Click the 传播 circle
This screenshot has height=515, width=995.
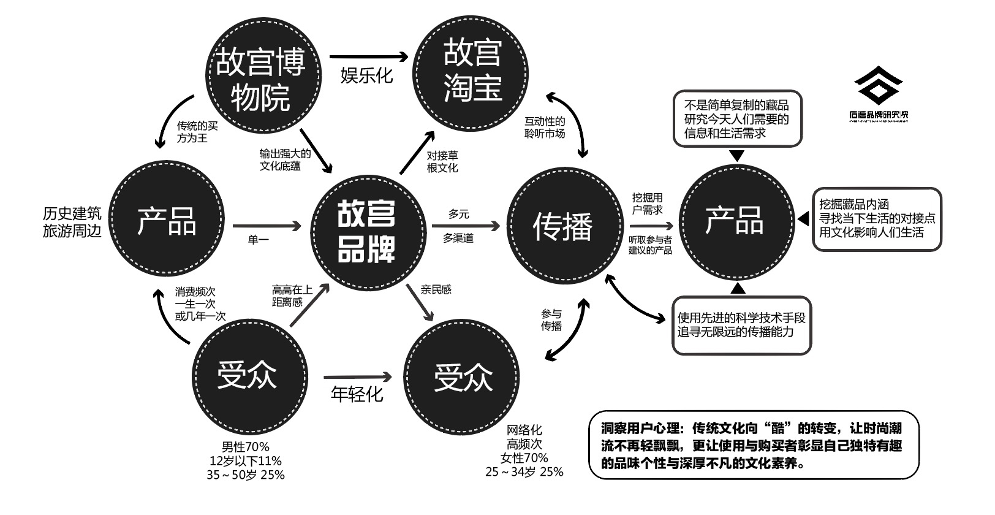point(563,226)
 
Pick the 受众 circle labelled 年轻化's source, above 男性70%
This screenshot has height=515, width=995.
point(248,375)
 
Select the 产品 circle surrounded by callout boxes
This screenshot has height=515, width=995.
point(735,221)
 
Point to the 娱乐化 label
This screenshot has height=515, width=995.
point(366,75)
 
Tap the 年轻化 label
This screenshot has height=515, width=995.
point(357,393)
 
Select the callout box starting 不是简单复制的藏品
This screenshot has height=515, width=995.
point(737,119)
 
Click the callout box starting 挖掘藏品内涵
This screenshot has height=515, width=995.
point(877,219)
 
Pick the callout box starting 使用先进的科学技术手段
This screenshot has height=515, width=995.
point(741,325)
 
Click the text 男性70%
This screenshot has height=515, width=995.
point(246,447)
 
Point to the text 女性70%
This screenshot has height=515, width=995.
point(524,458)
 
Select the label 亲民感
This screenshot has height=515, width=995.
point(436,289)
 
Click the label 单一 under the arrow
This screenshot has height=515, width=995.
point(258,240)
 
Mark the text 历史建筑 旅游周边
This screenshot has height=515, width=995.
point(72,223)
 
